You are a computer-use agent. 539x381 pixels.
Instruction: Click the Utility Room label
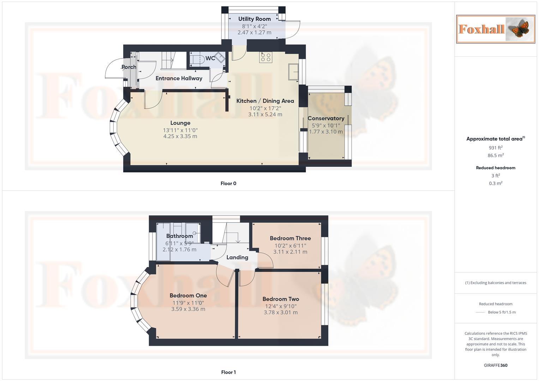click(x=254, y=19)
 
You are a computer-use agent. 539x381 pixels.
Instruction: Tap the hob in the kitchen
click(x=265, y=58)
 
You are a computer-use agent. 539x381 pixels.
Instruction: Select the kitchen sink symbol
click(x=293, y=72)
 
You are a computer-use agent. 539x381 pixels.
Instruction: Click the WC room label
click(x=210, y=58)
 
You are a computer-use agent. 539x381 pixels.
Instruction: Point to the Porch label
click(x=129, y=67)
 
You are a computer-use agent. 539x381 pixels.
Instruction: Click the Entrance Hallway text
click(x=179, y=78)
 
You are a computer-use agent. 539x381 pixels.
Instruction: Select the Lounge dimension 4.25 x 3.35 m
click(x=180, y=136)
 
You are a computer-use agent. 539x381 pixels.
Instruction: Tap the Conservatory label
click(x=326, y=119)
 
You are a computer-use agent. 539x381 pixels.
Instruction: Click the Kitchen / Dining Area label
click(x=265, y=101)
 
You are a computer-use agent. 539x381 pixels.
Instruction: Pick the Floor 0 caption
click(x=228, y=183)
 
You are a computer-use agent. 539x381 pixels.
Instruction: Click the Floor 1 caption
click(x=228, y=372)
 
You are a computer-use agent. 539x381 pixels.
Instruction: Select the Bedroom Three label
click(x=290, y=238)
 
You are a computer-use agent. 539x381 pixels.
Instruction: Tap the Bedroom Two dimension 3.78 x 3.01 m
click(x=281, y=312)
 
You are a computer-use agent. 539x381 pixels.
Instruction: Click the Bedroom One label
click(x=188, y=296)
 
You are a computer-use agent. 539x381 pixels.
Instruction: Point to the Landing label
click(x=237, y=258)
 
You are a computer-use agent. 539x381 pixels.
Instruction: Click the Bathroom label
click(x=179, y=236)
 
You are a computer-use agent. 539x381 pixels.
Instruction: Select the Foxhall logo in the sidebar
click(x=495, y=29)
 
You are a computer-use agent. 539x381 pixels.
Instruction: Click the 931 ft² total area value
click(x=495, y=148)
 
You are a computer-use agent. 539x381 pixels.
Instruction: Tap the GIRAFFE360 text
click(x=495, y=365)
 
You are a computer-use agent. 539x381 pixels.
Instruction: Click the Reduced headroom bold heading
click(x=495, y=168)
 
